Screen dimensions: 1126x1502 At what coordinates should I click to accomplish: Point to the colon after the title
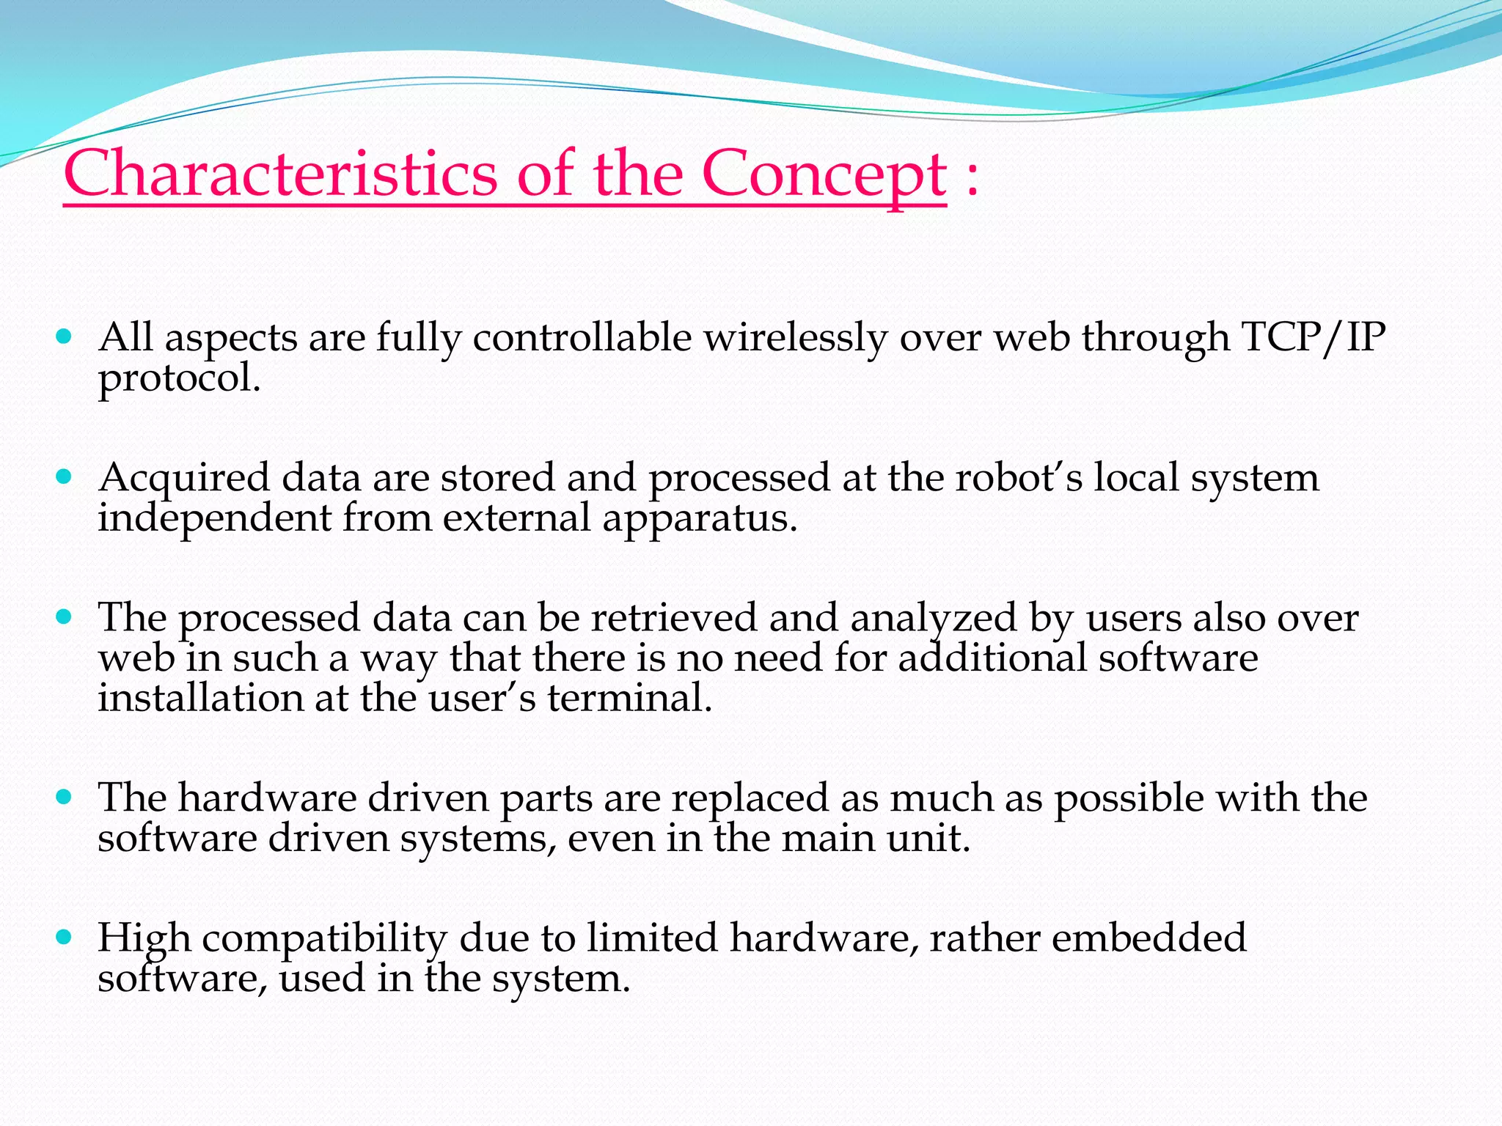click(x=972, y=177)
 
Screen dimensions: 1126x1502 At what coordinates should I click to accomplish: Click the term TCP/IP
click(x=1313, y=338)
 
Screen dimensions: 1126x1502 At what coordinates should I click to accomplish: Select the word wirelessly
click(x=795, y=339)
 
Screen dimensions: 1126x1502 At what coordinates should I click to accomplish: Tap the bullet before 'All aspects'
click(x=65, y=337)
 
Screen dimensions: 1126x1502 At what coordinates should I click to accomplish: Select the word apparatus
click(x=700, y=518)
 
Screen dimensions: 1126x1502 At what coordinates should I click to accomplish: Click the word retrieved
click(x=673, y=617)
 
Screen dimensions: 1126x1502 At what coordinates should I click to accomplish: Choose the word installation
click(x=200, y=698)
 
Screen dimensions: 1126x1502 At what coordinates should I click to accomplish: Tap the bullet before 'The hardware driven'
click(x=65, y=797)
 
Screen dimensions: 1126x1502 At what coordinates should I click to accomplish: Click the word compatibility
click(x=324, y=939)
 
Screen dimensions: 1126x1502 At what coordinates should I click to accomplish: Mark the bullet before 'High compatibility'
click(x=65, y=937)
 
